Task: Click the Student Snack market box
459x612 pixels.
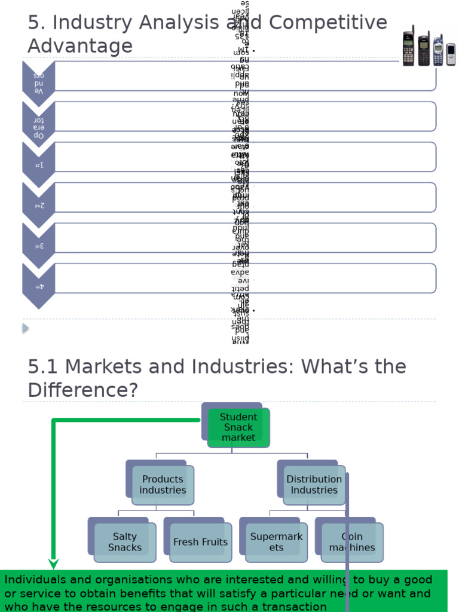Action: click(238, 427)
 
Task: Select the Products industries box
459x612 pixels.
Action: click(163, 485)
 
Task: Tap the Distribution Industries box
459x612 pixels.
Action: click(314, 485)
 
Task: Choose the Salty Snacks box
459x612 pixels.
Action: click(125, 542)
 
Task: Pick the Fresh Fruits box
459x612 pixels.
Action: click(200, 542)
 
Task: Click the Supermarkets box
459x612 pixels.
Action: click(276, 542)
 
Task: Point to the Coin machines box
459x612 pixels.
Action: click(352, 542)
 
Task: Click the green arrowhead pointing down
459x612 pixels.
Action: click(54, 563)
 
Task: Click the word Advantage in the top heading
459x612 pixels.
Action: click(80, 46)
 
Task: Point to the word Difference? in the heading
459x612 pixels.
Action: click(82, 390)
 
